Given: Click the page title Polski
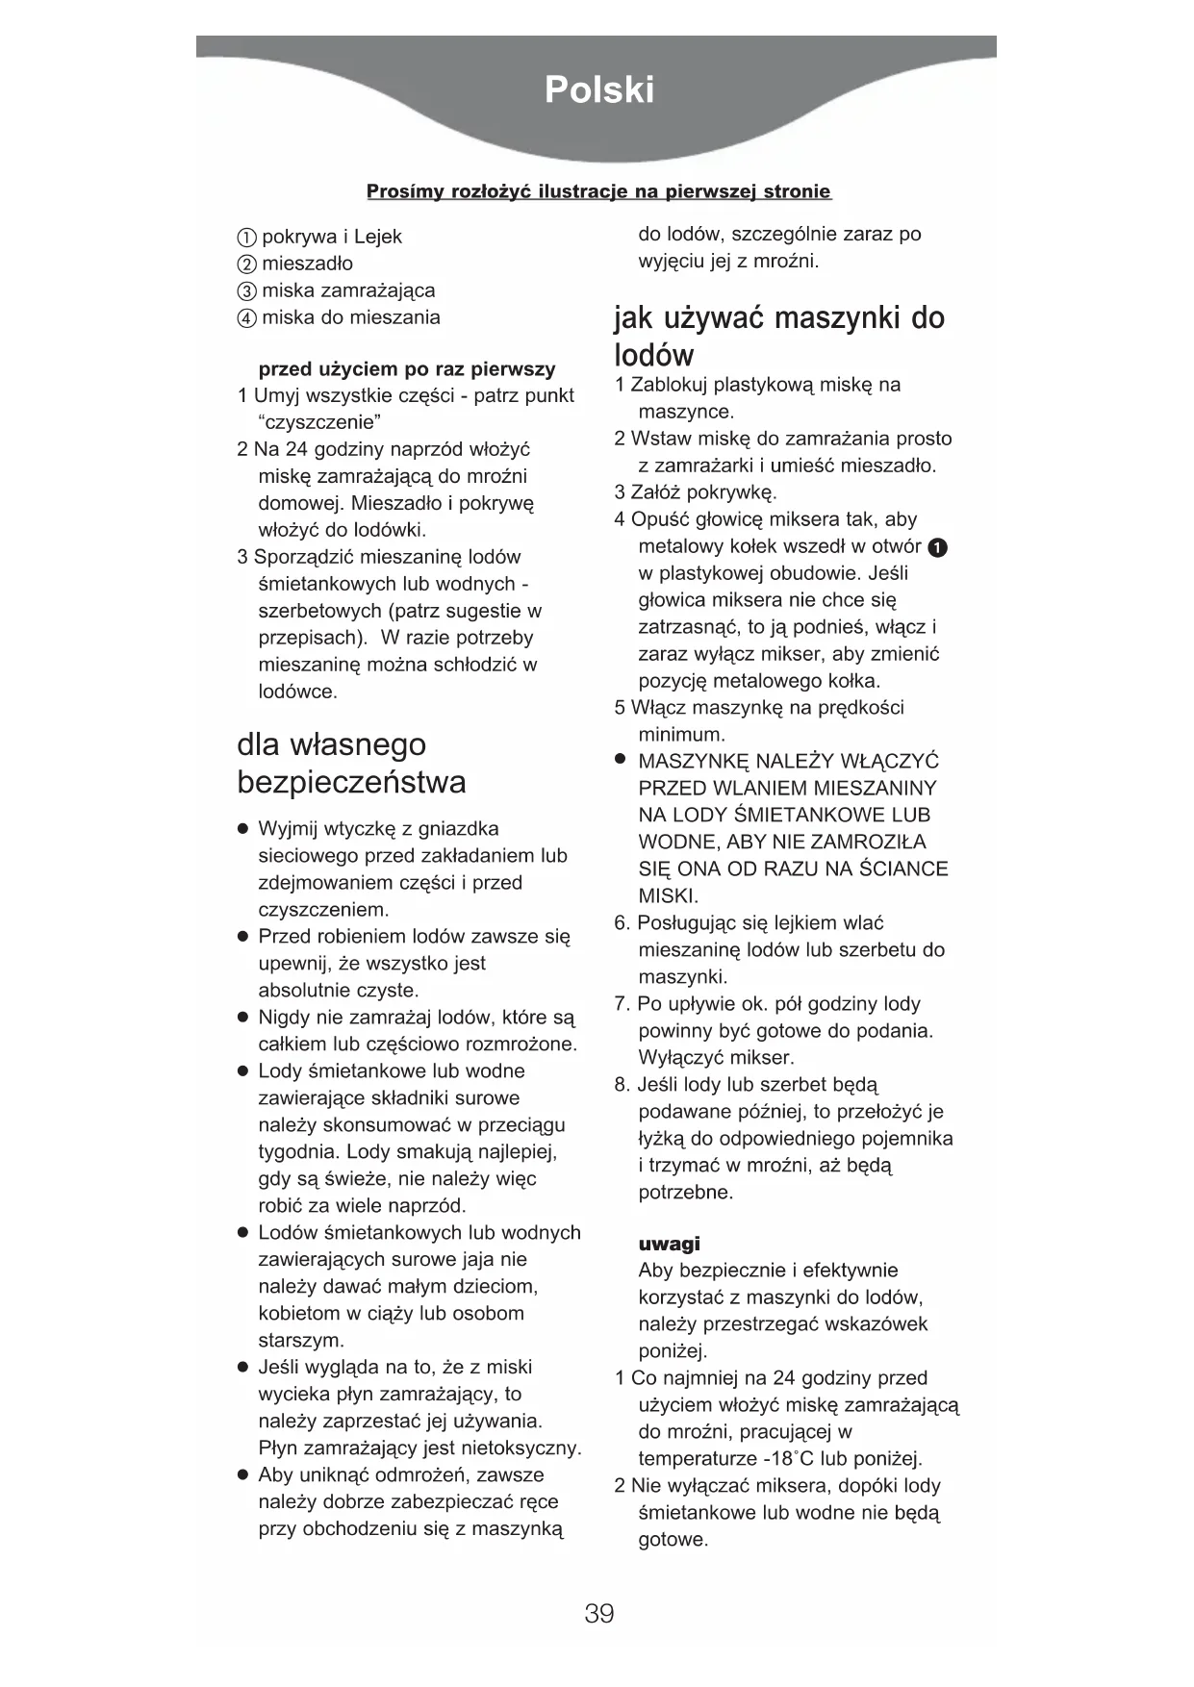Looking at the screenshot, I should [x=598, y=90].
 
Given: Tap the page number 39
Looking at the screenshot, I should [x=598, y=1613].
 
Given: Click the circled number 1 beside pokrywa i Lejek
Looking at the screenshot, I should [x=246, y=238].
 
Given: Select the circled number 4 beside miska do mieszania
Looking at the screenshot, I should [x=246, y=318].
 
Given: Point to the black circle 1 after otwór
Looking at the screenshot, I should [x=938, y=547].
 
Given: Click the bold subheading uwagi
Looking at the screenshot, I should [x=669, y=1244].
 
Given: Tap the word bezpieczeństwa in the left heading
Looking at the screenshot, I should [x=351, y=782].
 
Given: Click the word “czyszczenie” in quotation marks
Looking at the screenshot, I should [x=319, y=422].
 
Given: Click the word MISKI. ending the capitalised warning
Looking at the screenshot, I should [x=668, y=896].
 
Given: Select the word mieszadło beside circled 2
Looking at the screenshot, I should [x=307, y=264].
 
